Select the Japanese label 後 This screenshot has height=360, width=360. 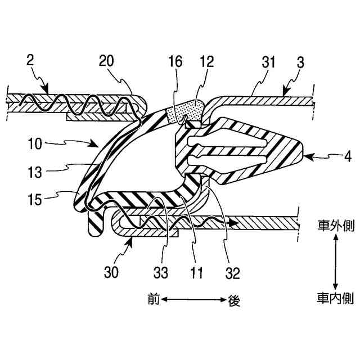235,301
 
